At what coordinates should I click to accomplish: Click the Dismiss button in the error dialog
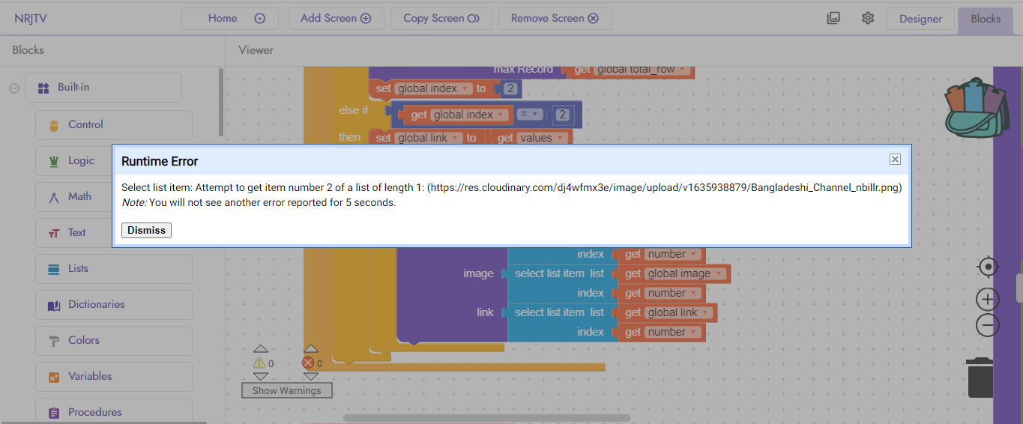click(x=146, y=230)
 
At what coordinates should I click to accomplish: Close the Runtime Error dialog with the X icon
click(x=895, y=159)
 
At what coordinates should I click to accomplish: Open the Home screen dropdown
click(x=229, y=19)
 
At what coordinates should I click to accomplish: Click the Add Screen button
click(x=336, y=19)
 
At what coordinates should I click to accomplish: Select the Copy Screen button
click(x=441, y=19)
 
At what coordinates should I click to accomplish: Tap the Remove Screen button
click(x=555, y=19)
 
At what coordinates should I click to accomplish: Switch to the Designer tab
click(x=920, y=19)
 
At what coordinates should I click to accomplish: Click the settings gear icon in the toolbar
click(x=868, y=19)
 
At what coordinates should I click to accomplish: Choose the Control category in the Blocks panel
click(x=113, y=125)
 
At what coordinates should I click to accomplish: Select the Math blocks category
click(x=113, y=197)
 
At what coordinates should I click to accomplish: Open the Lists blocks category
click(x=113, y=269)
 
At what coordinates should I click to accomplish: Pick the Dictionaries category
click(x=113, y=305)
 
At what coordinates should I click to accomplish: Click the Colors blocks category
click(x=113, y=341)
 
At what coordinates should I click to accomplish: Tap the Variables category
click(x=113, y=377)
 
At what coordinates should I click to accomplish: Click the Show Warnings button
click(x=286, y=390)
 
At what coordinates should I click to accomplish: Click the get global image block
click(x=632, y=274)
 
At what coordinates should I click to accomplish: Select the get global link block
click(x=632, y=313)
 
